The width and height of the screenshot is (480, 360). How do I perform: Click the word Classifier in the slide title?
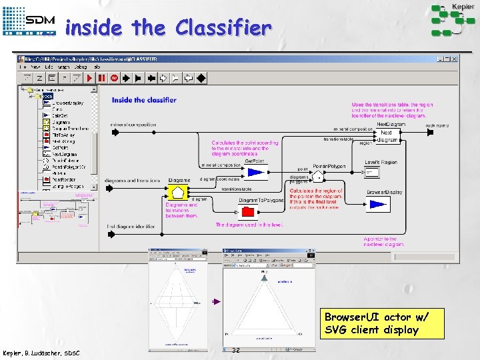223,29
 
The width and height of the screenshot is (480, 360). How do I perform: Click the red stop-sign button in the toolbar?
114,78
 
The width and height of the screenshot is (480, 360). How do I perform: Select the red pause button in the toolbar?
101,78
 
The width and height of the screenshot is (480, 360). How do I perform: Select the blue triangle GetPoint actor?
255,173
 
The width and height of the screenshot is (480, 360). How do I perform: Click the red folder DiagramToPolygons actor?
248,212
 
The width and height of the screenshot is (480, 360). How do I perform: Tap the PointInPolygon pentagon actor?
320,176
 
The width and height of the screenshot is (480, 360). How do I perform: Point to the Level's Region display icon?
380,173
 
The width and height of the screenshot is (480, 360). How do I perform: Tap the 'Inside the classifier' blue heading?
144,100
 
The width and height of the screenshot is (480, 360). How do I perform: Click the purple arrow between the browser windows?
215,302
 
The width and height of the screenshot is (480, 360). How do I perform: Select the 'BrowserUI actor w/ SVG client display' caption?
371,323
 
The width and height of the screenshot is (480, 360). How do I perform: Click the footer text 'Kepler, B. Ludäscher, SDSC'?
41,352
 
